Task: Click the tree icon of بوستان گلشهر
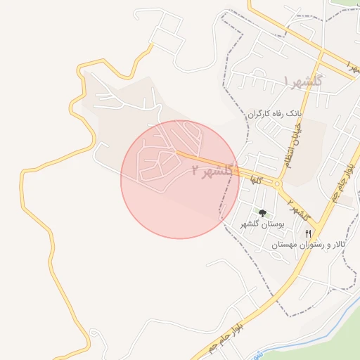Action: pyautogui.click(x=262, y=212)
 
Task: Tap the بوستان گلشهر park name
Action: pyautogui.click(x=263, y=224)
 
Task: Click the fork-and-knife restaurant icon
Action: pyautogui.click(x=308, y=233)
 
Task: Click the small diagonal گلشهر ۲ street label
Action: pyautogui.click(x=299, y=207)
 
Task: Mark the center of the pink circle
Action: pyautogui.click(x=180, y=179)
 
